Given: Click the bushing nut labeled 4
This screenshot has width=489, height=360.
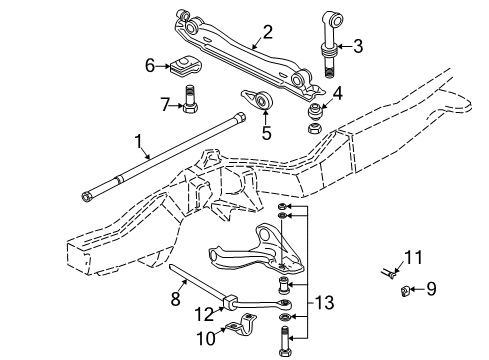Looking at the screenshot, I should (314, 114).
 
